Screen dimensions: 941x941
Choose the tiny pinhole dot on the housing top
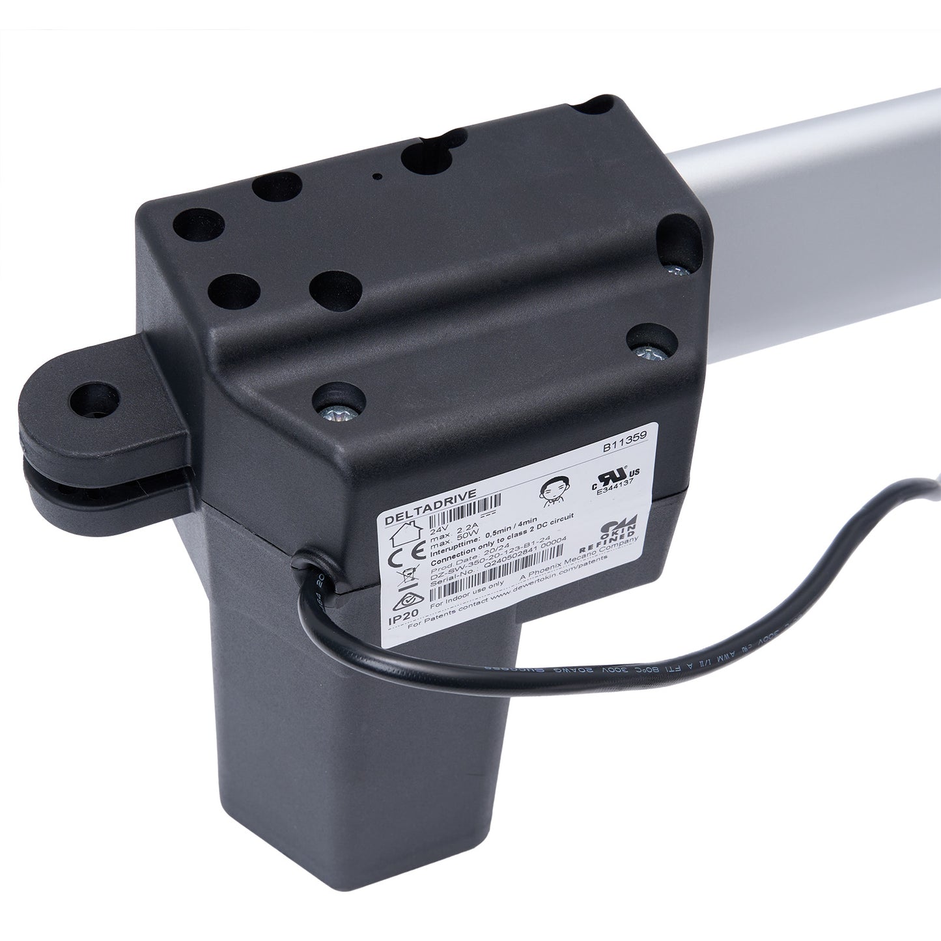click(x=376, y=176)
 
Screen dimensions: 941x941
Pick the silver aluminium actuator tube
click(x=814, y=215)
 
